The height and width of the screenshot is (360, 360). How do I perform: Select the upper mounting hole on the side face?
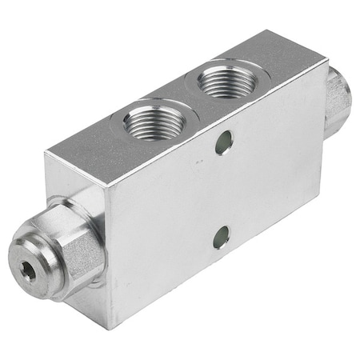pos(224,143)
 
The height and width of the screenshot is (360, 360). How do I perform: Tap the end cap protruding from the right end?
pos(337,100)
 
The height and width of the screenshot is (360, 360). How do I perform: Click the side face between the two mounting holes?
pos(223,190)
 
